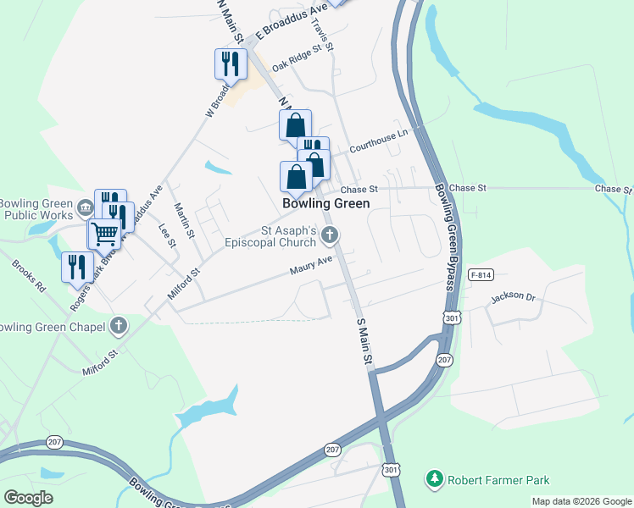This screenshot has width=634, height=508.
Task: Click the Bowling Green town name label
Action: [x=325, y=204]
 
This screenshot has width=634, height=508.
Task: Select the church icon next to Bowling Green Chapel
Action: [x=120, y=326]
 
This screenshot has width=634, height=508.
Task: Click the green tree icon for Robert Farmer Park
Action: [x=435, y=480]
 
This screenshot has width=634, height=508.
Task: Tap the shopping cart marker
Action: [x=104, y=232]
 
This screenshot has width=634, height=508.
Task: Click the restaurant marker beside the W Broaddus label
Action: [x=231, y=63]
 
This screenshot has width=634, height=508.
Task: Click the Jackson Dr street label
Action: [x=514, y=297]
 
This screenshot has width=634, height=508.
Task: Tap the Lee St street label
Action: [x=166, y=236]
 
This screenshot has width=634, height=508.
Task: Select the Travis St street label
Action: [x=322, y=36]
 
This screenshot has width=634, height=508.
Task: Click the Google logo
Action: [x=28, y=497]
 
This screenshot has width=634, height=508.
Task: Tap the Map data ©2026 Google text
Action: [x=581, y=501]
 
